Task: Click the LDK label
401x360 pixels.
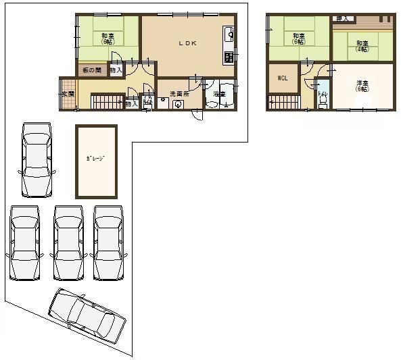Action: coord(187,43)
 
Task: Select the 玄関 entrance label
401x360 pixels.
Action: coord(67,94)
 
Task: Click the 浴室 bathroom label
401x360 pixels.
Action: coord(218,94)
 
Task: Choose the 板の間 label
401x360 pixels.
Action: coord(92,70)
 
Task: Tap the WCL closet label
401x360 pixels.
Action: coord(283,78)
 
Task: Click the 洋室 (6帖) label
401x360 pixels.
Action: coord(363,85)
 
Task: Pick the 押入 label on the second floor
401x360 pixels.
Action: coord(342,18)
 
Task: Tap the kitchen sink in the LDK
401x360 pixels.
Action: coord(229,32)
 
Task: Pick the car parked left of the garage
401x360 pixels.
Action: coord(37,159)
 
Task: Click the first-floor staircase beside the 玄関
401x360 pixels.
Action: coord(105,103)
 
